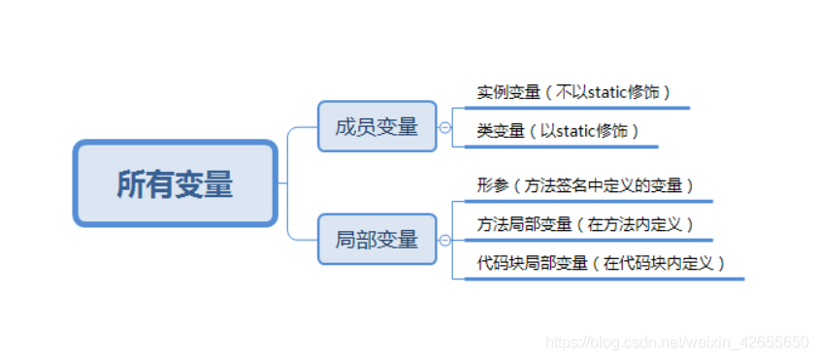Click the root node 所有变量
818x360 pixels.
click(175, 183)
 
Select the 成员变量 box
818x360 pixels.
click(376, 126)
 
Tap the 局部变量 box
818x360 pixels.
click(376, 239)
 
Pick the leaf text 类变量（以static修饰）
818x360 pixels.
click(559, 130)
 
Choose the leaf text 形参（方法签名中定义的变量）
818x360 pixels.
click(585, 184)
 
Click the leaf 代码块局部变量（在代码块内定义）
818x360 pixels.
click(602, 262)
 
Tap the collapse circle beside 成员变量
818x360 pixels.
click(445, 127)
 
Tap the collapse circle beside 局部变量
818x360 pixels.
click(445, 240)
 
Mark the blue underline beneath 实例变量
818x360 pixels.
click(577, 108)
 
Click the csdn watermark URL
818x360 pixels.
click(676, 343)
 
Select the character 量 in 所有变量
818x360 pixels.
click(218, 183)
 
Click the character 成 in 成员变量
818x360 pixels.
click(345, 126)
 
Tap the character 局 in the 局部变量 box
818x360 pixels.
click(345, 239)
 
